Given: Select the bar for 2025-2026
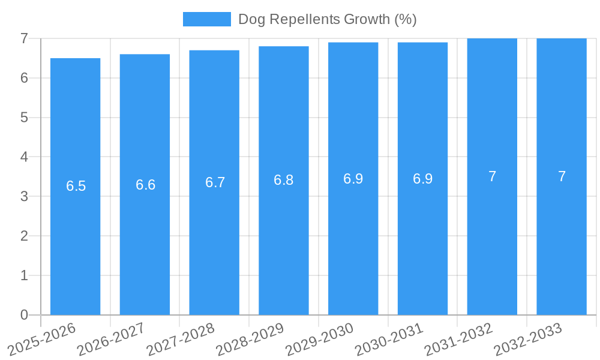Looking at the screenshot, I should pyautogui.click(x=75, y=240).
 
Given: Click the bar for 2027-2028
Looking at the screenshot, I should pyautogui.click(x=214, y=240).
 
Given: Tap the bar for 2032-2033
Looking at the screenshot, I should pyautogui.click(x=562, y=240).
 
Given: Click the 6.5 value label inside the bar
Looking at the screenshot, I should pyautogui.click(x=76, y=186).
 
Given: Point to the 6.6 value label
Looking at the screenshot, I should pyautogui.click(x=145, y=185).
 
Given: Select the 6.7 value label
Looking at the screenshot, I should pyautogui.click(x=215, y=182).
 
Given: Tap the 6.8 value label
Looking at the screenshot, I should pyautogui.click(x=284, y=180).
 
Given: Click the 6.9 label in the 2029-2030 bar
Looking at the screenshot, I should pyautogui.click(x=353, y=179).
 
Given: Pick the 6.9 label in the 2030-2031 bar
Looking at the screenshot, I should pyautogui.click(x=423, y=179).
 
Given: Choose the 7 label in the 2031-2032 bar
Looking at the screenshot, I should pyautogui.click(x=492, y=176).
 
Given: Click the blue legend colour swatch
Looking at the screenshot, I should pyautogui.click(x=206, y=19).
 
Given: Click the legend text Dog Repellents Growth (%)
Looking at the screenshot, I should pyautogui.click(x=327, y=19).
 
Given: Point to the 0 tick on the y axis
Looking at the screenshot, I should pyautogui.click(x=24, y=315).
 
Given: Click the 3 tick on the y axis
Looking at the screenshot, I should pyautogui.click(x=24, y=196).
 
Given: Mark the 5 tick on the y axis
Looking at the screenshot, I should pyautogui.click(x=24, y=118).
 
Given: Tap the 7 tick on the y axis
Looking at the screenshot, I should pyautogui.click(x=24, y=38).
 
